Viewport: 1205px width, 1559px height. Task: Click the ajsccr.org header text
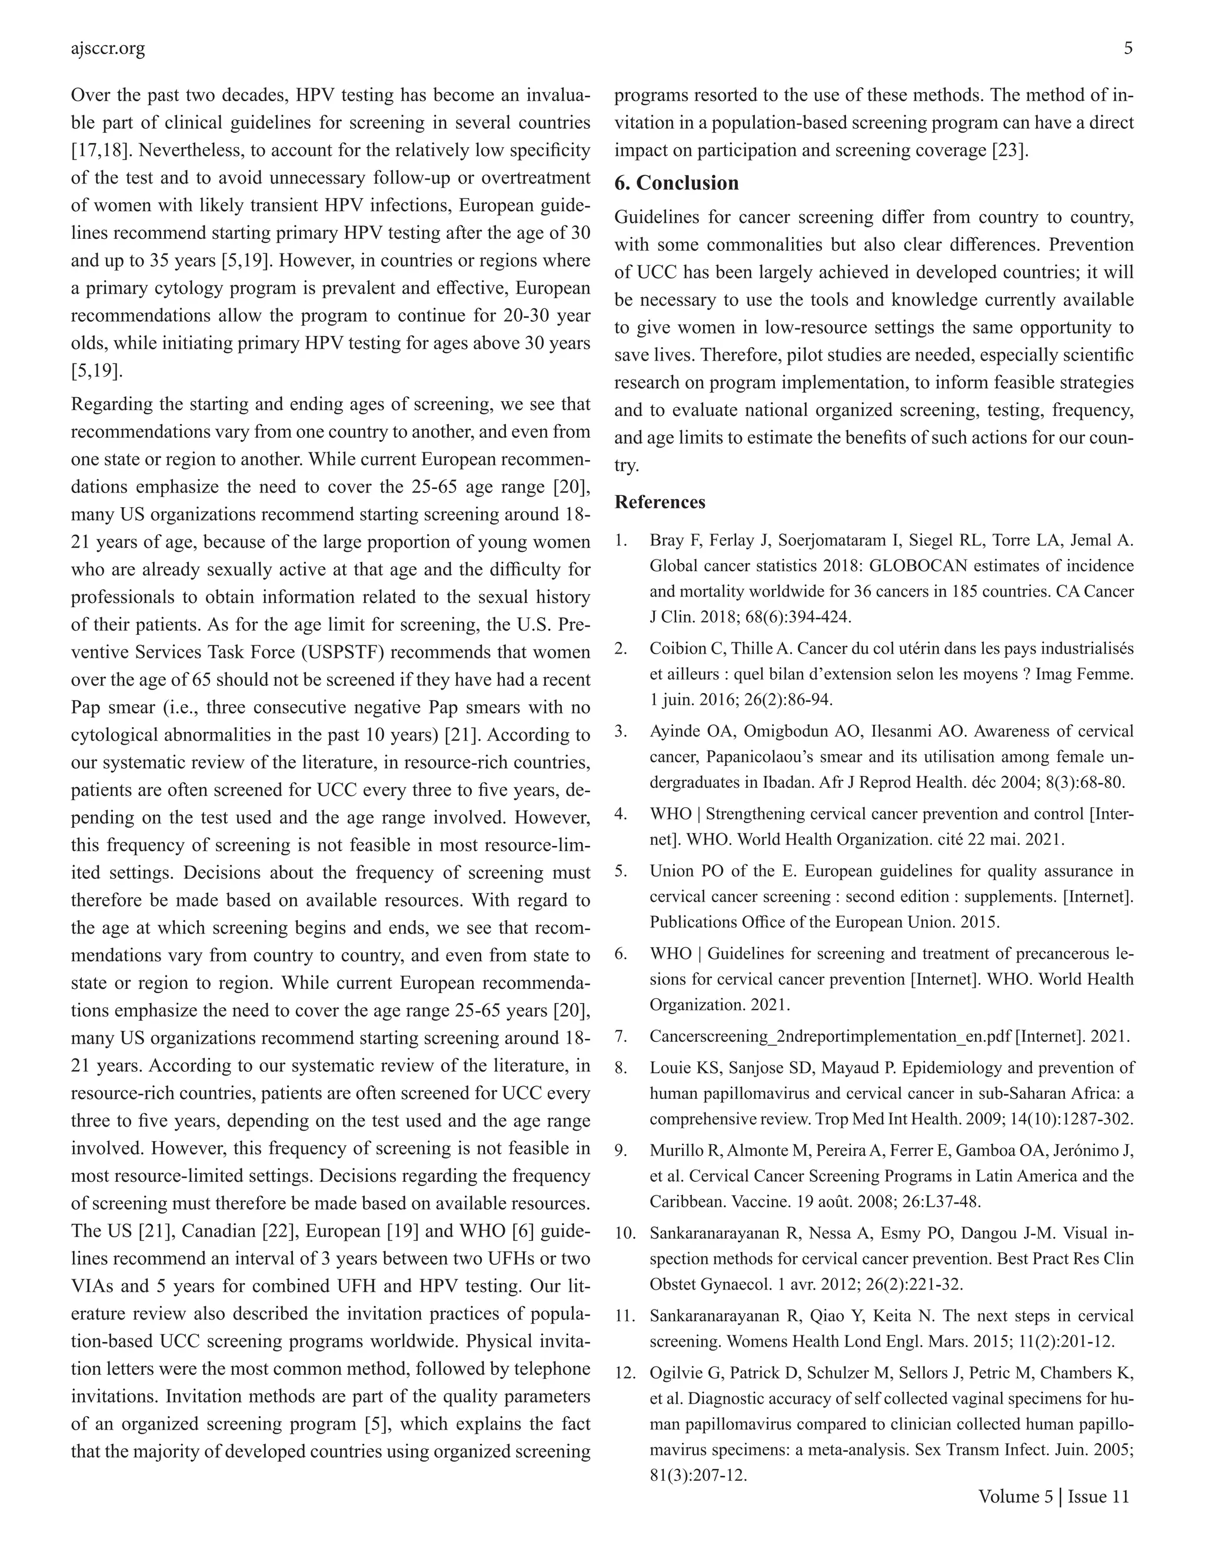click(x=108, y=49)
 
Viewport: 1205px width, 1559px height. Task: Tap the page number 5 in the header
click(x=1127, y=49)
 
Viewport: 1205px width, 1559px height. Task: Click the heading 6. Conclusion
click(x=676, y=183)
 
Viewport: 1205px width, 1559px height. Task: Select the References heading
click(x=660, y=502)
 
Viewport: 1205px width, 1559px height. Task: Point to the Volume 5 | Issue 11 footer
click(x=1054, y=1496)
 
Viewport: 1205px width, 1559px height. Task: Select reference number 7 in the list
click(x=620, y=1037)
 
